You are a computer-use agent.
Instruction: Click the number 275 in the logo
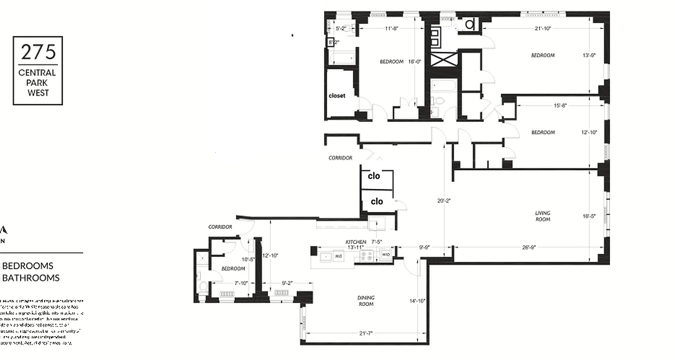[38, 53]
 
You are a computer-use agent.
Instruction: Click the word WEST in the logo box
[38, 93]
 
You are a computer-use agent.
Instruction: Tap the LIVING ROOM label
[543, 216]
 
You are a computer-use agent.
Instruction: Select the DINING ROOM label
[366, 301]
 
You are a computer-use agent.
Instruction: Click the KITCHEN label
[355, 242]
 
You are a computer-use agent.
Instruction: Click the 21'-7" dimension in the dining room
[366, 333]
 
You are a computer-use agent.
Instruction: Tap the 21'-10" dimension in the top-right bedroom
[543, 28]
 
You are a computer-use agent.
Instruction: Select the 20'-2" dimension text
[444, 201]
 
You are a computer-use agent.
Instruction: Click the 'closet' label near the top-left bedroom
[337, 96]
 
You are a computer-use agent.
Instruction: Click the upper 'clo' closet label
[374, 176]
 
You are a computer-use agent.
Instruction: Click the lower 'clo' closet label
[377, 202]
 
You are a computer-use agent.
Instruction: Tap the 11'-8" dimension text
[392, 28]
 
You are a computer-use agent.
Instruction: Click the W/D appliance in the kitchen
[386, 255]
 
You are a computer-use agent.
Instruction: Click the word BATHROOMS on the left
[31, 278]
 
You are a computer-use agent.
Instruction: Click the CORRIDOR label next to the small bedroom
[220, 227]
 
